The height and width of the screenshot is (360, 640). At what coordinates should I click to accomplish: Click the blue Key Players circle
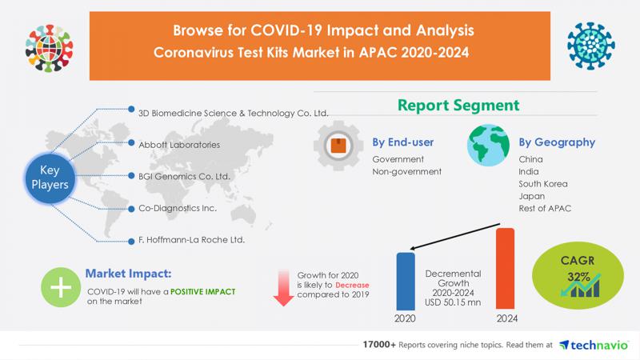coord(50,178)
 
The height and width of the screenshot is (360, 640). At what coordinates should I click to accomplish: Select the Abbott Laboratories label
coord(179,145)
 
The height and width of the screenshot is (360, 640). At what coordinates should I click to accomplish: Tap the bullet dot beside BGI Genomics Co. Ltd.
coord(131,176)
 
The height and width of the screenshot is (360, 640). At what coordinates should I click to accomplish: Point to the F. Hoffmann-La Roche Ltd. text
coord(191,239)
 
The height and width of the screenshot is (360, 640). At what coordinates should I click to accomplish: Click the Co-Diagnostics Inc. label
coord(178,208)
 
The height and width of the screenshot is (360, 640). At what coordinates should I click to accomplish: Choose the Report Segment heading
coord(458,106)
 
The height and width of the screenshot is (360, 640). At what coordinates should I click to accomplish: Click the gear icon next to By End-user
coord(338,146)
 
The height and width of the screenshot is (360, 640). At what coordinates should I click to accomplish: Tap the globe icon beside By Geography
coord(488,146)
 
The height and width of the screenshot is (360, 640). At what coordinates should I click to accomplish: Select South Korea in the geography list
coord(543,184)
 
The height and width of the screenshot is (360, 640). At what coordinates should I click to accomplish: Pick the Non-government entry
coord(406,172)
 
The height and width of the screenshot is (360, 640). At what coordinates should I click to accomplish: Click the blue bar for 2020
coord(406,282)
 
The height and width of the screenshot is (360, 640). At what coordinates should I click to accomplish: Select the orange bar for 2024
coord(505,269)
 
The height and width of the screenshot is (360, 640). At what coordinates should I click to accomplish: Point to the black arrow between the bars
coord(454,236)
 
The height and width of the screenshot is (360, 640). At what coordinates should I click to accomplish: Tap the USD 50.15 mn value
coord(453,302)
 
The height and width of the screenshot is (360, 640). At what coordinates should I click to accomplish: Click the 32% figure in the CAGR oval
coord(578,277)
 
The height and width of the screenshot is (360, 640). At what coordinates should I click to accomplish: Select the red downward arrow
coord(283,288)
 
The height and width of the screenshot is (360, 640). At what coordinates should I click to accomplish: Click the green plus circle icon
coord(61,287)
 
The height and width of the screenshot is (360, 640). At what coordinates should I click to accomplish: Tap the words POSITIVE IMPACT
coord(203,292)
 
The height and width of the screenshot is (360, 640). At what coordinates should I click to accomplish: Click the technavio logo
coord(594,346)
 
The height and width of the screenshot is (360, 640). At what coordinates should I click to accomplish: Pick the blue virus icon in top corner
coord(590,46)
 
